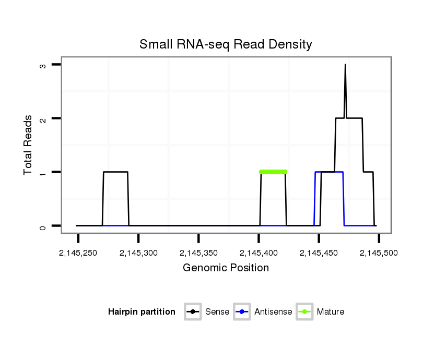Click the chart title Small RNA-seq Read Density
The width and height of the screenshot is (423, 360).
pos(226,44)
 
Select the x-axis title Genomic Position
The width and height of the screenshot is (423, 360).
pos(226,268)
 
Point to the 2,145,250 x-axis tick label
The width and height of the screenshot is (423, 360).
pos(78,253)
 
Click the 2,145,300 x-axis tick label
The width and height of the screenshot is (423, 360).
pos(138,253)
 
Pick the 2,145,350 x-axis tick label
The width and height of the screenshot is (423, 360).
pos(198,253)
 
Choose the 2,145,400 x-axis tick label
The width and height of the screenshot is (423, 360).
pos(259,253)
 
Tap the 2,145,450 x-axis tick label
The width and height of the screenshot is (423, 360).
pos(319,253)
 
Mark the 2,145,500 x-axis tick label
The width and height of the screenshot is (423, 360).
pos(379,253)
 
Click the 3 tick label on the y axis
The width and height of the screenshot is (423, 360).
pos(44,65)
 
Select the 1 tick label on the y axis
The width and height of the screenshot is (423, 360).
pos(44,172)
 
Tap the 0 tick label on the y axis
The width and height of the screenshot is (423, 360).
pos(44,226)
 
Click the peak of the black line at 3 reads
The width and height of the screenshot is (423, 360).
pos(345,65)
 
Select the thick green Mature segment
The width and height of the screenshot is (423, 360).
pos(273,172)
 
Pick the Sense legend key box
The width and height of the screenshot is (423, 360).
pos(193,312)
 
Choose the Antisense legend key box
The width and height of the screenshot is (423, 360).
pos(243,312)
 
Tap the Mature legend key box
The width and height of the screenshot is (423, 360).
pos(304,312)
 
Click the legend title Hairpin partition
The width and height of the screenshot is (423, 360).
pos(142,312)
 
